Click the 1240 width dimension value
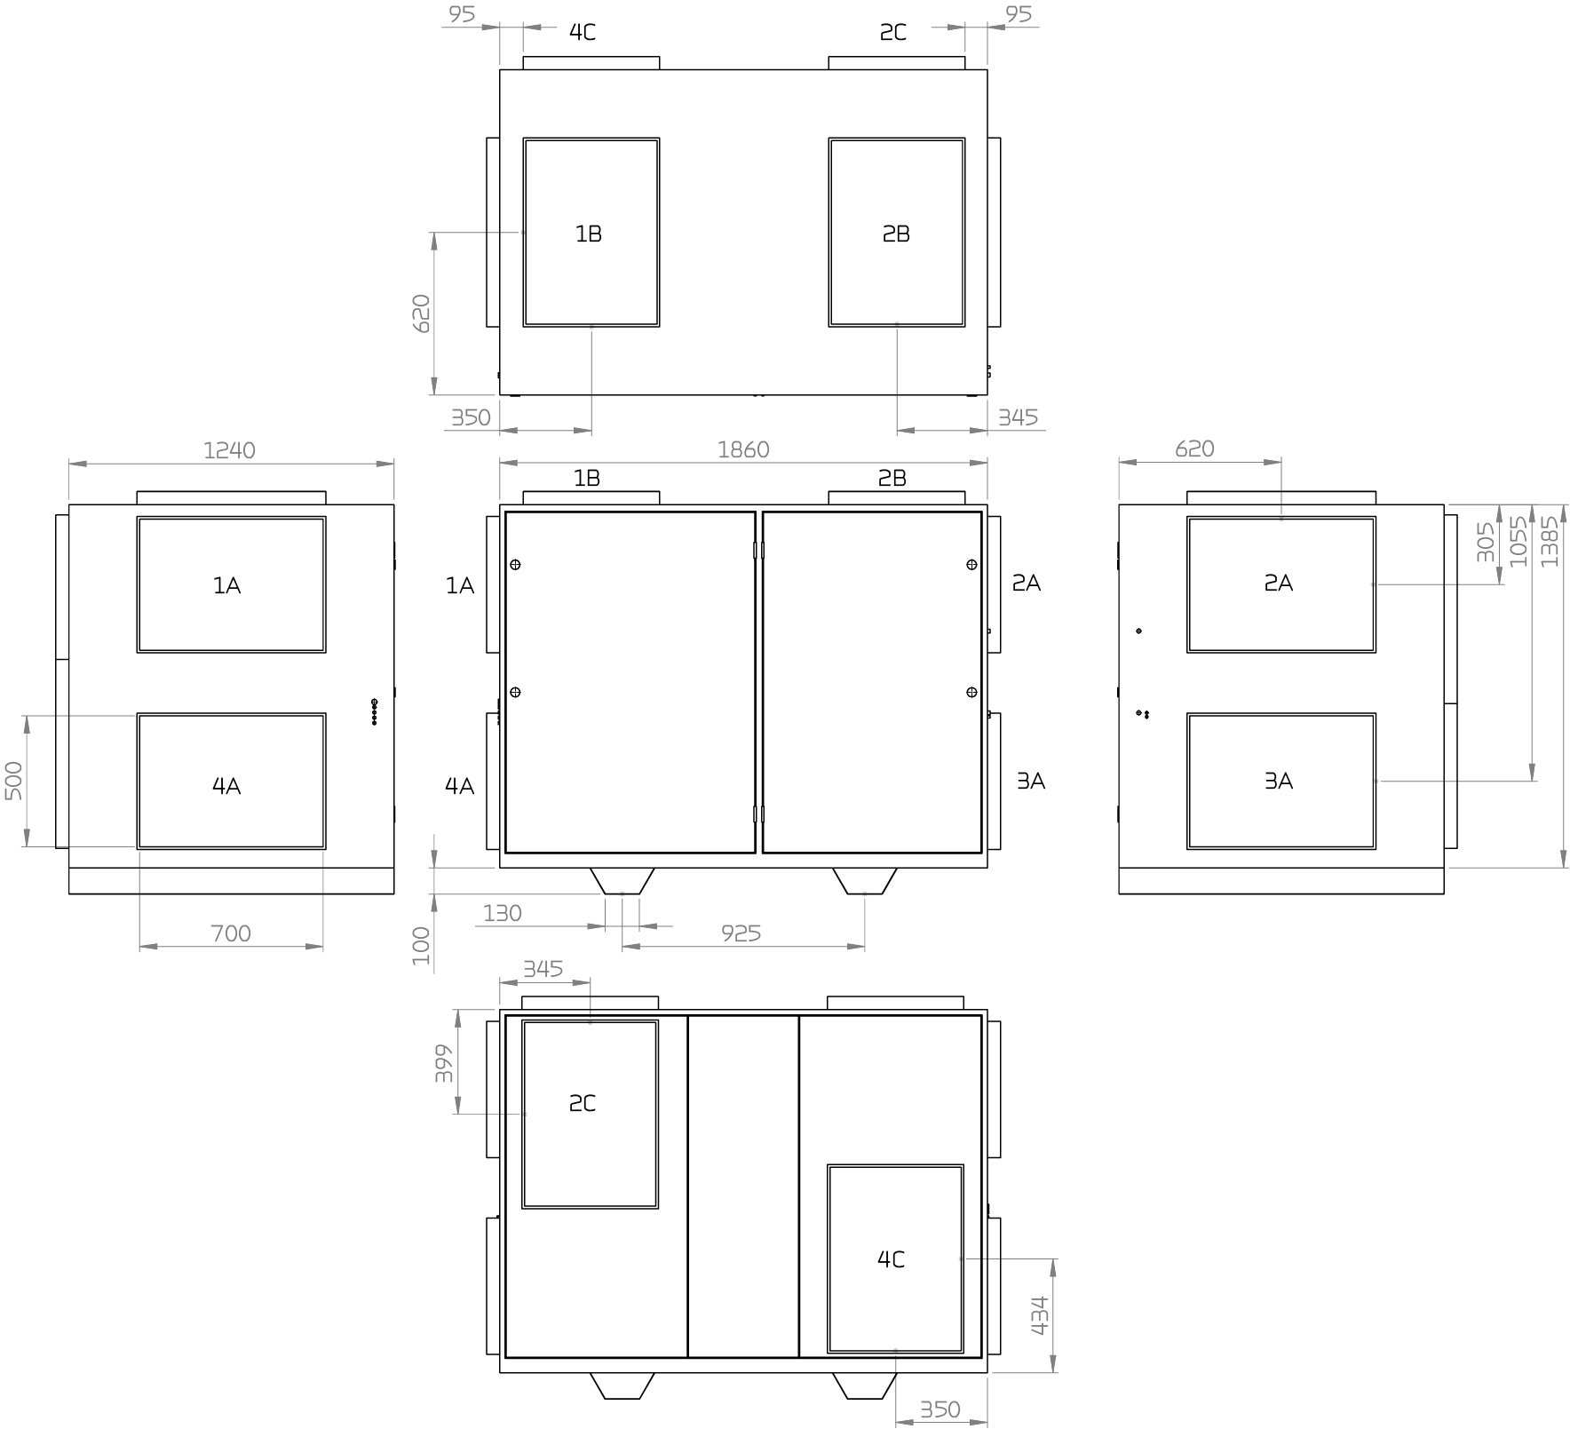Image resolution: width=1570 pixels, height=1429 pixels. coord(229,450)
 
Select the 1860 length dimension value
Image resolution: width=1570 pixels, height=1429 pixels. coord(743,450)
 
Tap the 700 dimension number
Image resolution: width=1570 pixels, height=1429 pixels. coord(231,933)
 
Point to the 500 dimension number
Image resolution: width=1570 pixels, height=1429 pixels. coord(14,781)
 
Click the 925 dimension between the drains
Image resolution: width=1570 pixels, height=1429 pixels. coord(741,933)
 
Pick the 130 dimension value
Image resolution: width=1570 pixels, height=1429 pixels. coord(502,913)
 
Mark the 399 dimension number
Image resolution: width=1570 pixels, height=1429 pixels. coord(444,1063)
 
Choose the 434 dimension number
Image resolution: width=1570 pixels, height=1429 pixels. coord(1040,1315)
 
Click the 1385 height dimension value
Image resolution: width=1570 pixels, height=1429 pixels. coord(1550,542)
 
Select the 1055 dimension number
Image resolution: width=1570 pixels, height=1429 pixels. coord(1518,542)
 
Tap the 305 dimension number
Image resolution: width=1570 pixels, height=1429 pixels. coord(1486,542)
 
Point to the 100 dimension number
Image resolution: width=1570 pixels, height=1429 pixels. coord(422,945)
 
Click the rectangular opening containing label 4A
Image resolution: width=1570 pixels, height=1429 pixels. coord(231,781)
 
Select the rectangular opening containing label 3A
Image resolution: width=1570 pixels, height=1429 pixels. coord(1281,781)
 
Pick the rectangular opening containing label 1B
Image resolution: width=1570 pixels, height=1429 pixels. coord(591,232)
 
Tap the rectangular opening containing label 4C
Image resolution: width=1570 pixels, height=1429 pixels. coord(895,1258)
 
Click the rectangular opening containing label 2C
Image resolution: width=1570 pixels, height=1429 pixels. coord(590,1114)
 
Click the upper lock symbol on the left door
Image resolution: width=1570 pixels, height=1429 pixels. coord(515,565)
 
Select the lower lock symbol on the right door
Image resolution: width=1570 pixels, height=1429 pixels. coord(971,692)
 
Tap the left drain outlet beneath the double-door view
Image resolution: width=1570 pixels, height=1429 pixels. coord(622,880)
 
